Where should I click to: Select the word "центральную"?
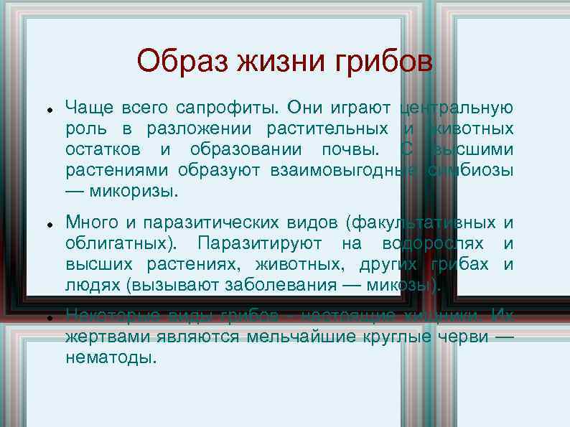457,108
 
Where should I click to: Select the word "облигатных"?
125,243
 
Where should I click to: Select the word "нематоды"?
110,357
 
